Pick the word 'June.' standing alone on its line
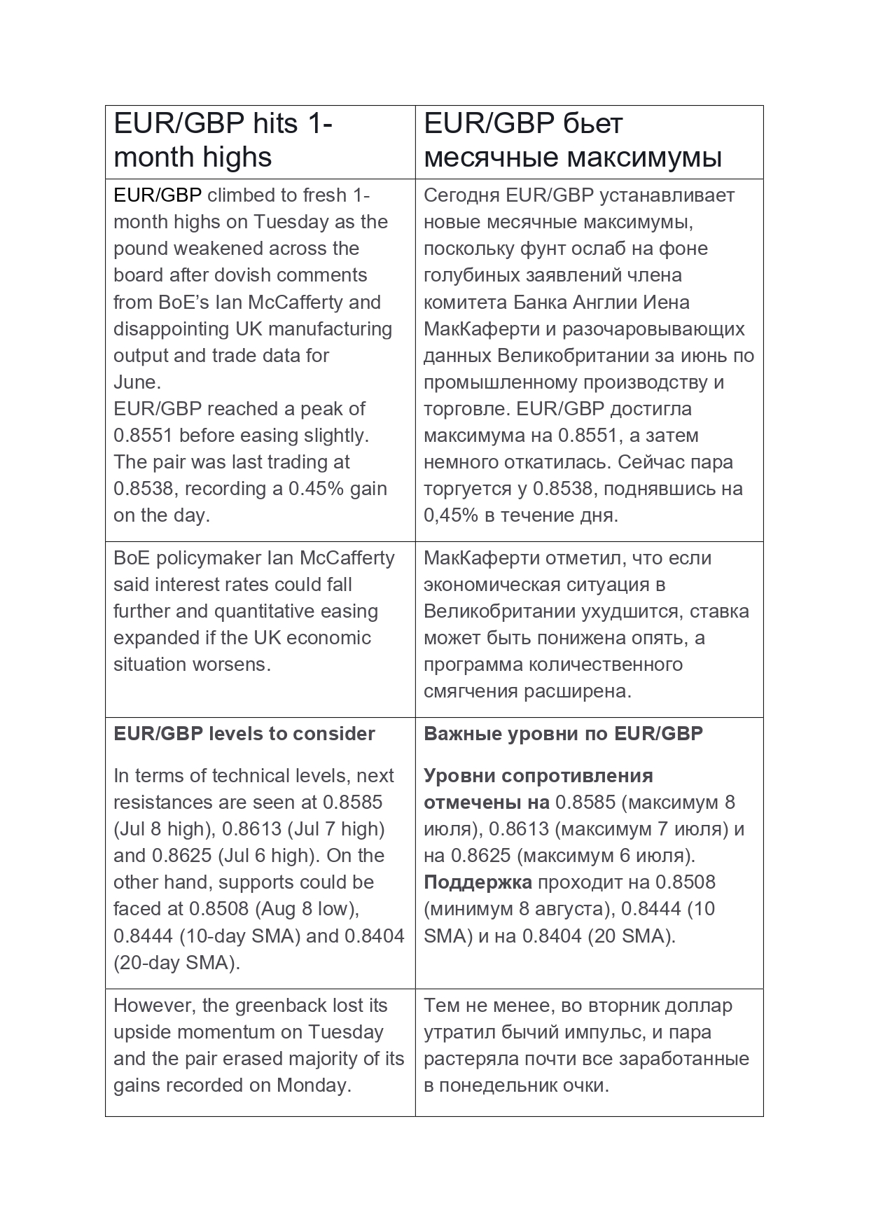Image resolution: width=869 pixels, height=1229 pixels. [137, 382]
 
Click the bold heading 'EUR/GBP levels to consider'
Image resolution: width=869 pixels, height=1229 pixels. [244, 734]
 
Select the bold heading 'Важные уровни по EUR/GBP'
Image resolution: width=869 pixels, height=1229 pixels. [563, 734]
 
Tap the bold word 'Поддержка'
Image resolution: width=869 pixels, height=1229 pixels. [478, 882]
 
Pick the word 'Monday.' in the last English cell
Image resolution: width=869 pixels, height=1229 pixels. [314, 1085]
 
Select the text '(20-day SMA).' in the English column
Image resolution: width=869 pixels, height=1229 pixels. [176, 963]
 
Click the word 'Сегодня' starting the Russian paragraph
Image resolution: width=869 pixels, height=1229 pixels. [461, 195]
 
